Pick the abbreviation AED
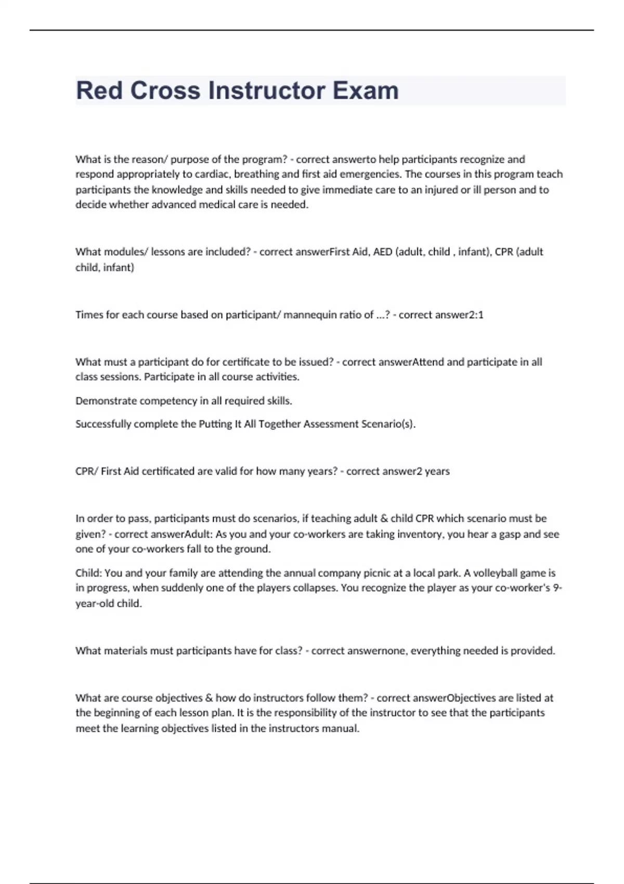(383, 252)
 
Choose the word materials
(122, 651)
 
